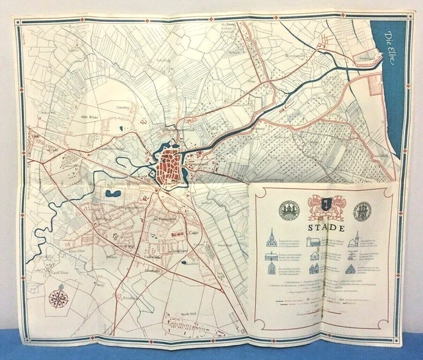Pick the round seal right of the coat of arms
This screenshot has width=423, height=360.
(x=362, y=211)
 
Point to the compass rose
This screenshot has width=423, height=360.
(x=58, y=298)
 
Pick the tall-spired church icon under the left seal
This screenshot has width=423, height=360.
(x=272, y=238)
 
